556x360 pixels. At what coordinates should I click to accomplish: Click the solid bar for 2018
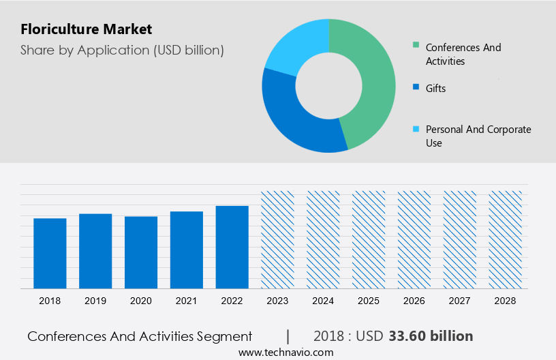(50, 253)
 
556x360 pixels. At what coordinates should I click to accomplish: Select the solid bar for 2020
(141, 252)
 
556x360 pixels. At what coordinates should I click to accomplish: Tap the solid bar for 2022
(232, 247)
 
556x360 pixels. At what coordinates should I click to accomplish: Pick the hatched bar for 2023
(278, 239)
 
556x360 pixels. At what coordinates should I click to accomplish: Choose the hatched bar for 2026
(414, 239)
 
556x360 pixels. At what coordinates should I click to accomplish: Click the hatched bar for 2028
(506, 239)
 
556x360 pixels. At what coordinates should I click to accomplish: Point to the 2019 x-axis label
(95, 301)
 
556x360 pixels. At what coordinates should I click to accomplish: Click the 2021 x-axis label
(187, 301)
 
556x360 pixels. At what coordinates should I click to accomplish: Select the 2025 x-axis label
(369, 301)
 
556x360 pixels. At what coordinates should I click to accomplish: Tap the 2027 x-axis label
(460, 301)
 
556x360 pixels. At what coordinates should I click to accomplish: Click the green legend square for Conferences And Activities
(416, 46)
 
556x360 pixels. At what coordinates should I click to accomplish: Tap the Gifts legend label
(435, 89)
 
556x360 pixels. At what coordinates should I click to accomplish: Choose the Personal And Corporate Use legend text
(478, 136)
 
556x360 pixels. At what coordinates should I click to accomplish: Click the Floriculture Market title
(87, 29)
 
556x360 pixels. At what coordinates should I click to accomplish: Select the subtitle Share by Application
(122, 50)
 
